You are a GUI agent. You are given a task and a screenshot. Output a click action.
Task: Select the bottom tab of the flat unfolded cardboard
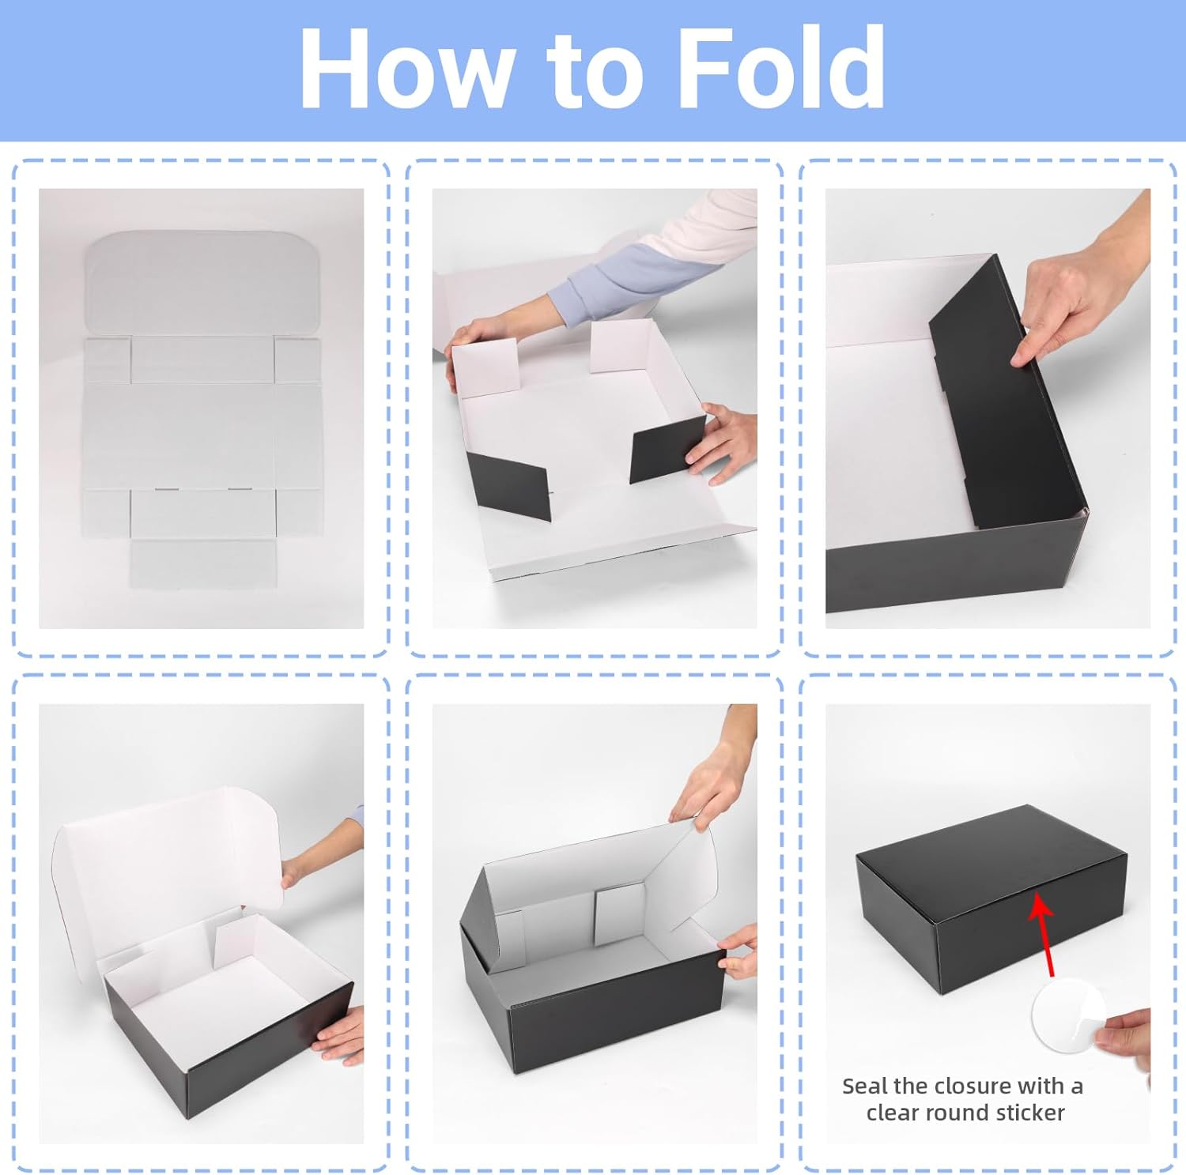203,563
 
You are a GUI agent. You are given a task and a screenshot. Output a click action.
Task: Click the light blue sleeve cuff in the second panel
604,283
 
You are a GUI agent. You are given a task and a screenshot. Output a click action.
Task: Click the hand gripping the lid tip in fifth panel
712,778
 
